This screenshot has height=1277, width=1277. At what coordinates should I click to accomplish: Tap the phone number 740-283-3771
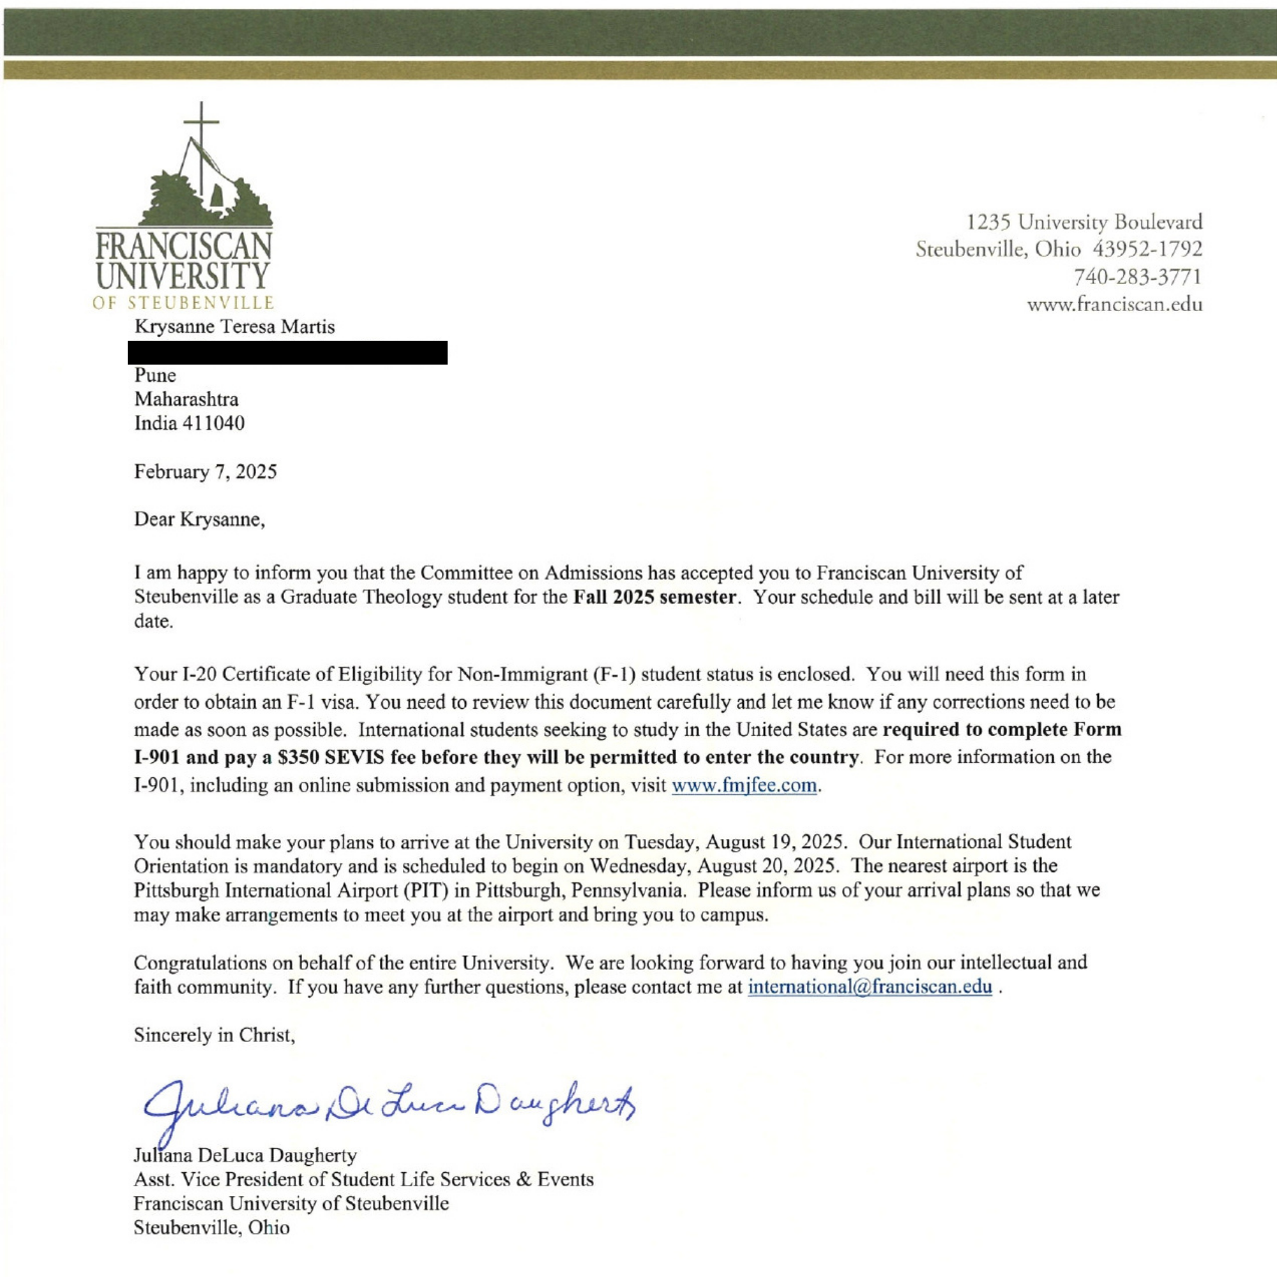pyautogui.click(x=1138, y=276)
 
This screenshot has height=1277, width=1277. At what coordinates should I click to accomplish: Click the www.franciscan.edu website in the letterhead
pyautogui.click(x=1114, y=305)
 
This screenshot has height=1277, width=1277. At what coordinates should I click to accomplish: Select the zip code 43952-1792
pyautogui.click(x=1147, y=249)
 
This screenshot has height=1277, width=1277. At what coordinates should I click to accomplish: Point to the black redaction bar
pyautogui.click(x=287, y=352)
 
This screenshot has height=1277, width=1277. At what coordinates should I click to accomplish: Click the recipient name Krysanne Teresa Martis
pyautogui.click(x=234, y=326)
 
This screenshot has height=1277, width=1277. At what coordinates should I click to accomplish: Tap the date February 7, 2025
pyautogui.click(x=206, y=471)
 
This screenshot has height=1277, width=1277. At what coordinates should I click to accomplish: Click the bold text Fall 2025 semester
pyautogui.click(x=654, y=597)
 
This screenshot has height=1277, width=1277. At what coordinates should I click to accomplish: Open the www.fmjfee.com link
pyautogui.click(x=744, y=786)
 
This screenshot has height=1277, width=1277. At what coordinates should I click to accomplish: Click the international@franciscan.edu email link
pyautogui.click(x=869, y=987)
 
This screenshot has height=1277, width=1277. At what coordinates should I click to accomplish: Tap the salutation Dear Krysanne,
pyautogui.click(x=200, y=519)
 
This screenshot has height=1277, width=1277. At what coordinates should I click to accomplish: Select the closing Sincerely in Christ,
pyautogui.click(x=214, y=1034)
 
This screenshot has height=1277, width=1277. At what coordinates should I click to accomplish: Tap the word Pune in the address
pyautogui.click(x=155, y=375)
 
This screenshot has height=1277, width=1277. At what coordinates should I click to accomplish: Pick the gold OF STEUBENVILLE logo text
pyautogui.click(x=183, y=303)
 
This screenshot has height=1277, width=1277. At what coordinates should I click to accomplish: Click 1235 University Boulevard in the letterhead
pyautogui.click(x=1085, y=222)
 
